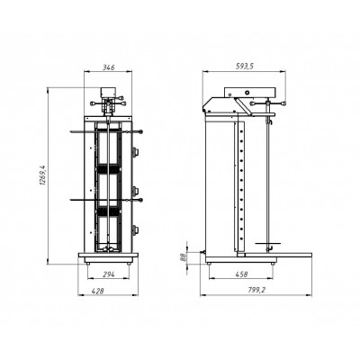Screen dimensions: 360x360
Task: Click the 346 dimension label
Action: tap(109, 67)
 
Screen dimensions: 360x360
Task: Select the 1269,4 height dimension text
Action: tap(43, 175)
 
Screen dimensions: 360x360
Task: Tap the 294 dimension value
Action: tap(108, 274)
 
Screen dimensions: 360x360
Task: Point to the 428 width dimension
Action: tap(97, 291)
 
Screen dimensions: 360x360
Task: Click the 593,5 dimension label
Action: tap(244, 67)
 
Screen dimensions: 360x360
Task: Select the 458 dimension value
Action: tap(241, 274)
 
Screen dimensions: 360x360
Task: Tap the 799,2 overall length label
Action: tap(257, 290)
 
